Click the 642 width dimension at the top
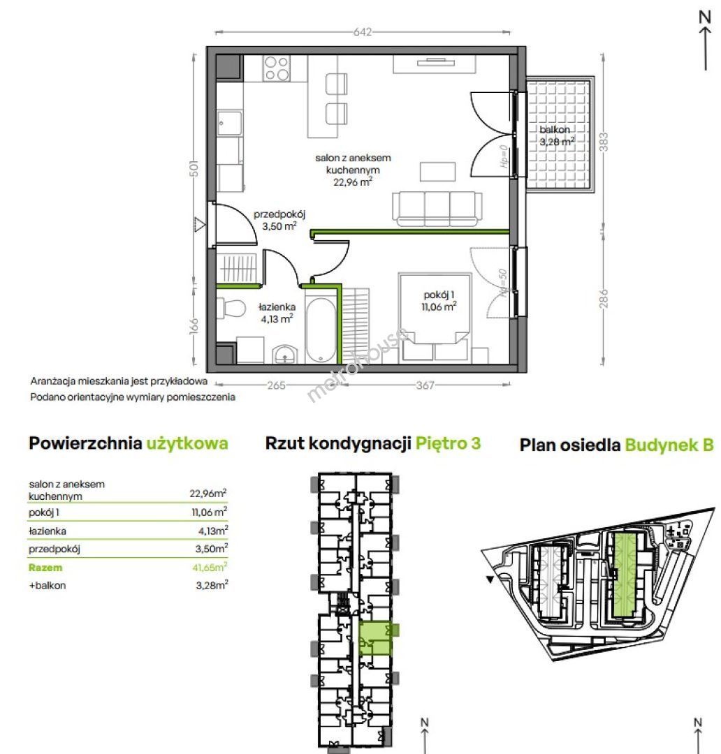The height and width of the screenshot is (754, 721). [363, 31]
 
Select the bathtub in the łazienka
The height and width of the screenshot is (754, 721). [321, 331]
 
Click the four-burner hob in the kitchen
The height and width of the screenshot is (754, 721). [277, 68]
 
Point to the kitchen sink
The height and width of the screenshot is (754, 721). [229, 124]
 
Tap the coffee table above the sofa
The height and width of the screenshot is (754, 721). [437, 172]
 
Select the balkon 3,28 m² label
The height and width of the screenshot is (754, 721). [557, 135]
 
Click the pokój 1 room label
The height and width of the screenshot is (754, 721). [439, 300]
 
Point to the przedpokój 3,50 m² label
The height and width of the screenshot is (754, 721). [279, 220]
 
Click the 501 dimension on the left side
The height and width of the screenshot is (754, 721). [194, 168]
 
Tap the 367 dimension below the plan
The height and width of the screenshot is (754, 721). [425, 385]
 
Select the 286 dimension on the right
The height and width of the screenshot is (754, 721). [604, 298]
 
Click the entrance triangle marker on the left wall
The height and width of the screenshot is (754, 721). [199, 224]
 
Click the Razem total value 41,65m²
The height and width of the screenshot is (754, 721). [210, 568]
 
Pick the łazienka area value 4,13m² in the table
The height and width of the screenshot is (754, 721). [213, 531]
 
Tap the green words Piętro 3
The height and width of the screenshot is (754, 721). [448, 443]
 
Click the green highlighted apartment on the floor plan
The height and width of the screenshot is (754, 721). [376, 638]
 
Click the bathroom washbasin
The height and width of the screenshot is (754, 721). [285, 355]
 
